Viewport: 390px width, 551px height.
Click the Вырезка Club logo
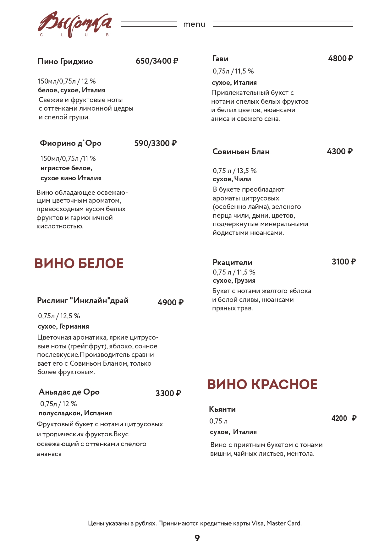[x=74, y=25]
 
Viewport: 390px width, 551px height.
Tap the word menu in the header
[x=194, y=24]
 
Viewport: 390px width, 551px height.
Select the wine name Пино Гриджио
[x=65, y=61]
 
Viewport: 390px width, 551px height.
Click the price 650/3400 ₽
[x=157, y=61]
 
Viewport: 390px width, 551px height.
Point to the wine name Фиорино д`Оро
[x=71, y=143]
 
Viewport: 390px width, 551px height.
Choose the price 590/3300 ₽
[x=156, y=143]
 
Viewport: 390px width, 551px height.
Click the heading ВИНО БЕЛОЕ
[x=79, y=263]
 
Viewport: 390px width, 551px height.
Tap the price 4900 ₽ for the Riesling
[x=170, y=303]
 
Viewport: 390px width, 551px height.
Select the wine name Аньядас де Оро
[x=69, y=392]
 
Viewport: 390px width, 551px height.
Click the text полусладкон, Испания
[x=75, y=413]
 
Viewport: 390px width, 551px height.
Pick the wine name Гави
[x=220, y=59]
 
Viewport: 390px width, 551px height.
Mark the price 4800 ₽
[x=340, y=58]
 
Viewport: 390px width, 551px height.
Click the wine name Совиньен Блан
[x=241, y=152]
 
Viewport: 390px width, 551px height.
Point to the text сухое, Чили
[x=232, y=179]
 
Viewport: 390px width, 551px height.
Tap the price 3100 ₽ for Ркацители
[x=343, y=262]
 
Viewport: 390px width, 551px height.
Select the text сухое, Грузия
[x=234, y=281]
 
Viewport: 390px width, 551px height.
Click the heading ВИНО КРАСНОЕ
[x=262, y=384]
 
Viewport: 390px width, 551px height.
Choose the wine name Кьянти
[x=222, y=409]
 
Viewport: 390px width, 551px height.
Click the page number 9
[x=197, y=538]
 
